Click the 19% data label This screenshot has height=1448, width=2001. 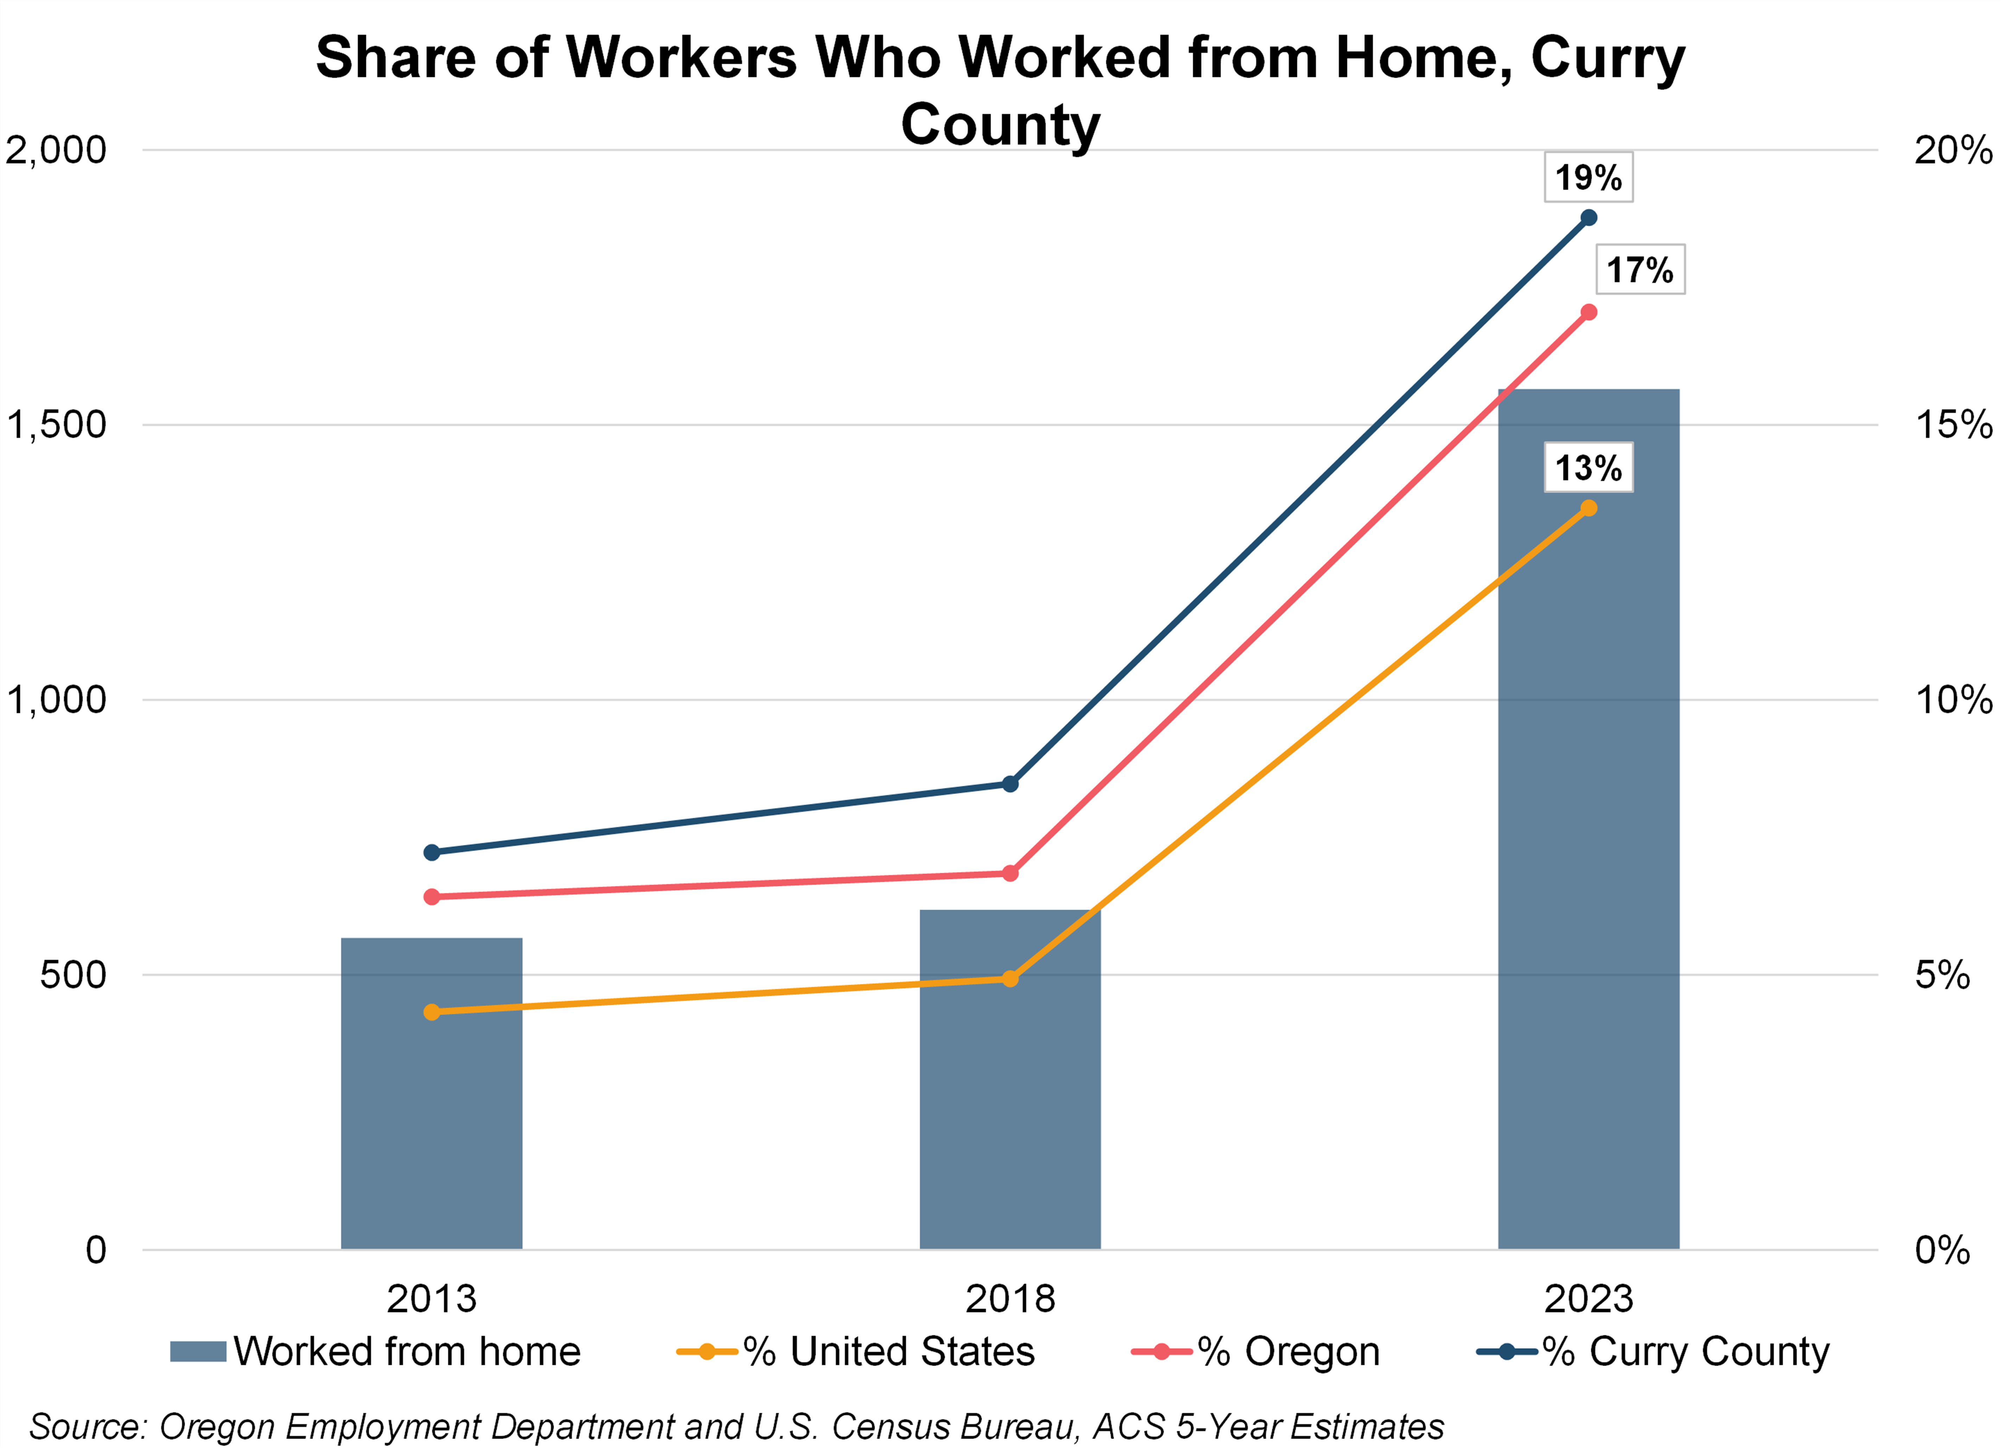point(1588,177)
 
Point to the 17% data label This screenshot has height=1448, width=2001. point(1640,269)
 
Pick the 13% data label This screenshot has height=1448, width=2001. point(1588,468)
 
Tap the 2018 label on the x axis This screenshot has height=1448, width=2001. point(1010,1299)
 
